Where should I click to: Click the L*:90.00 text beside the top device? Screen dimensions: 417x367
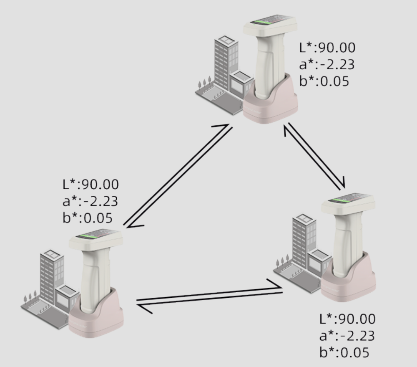click(327, 48)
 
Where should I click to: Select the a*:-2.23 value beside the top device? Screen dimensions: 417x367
click(327, 64)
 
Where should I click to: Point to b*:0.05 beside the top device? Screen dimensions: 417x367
click(324, 81)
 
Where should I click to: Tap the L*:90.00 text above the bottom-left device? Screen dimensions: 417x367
click(90, 184)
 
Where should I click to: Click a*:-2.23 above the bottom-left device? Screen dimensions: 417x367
click(90, 201)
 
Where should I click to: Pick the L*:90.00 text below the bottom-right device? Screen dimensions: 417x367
click(347, 319)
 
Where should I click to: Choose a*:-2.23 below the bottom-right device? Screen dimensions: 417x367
click(347, 336)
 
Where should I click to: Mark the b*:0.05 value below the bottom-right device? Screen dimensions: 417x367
click(344, 352)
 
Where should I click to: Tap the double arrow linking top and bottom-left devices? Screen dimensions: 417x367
click(178, 176)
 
